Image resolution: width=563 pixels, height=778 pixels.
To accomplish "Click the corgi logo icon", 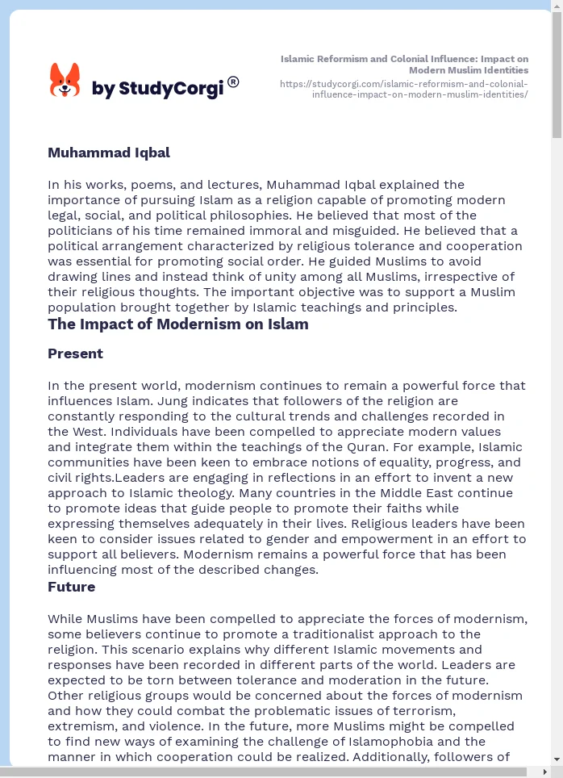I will [65, 80].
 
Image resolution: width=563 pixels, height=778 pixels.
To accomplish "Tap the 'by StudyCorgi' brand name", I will [157, 88].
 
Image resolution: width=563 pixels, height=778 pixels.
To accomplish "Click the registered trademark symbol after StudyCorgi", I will [233, 82].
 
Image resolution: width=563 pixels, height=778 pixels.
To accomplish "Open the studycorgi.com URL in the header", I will [403, 89].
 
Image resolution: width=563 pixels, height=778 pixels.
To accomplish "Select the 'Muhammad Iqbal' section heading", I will [109, 153].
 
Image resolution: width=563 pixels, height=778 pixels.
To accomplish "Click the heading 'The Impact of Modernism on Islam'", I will [177, 324].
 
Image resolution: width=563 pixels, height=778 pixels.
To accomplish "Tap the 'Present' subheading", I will [75, 353].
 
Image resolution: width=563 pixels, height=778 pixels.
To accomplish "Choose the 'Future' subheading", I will [71, 587].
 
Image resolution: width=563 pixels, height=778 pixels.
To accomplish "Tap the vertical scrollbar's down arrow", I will [557, 759].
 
